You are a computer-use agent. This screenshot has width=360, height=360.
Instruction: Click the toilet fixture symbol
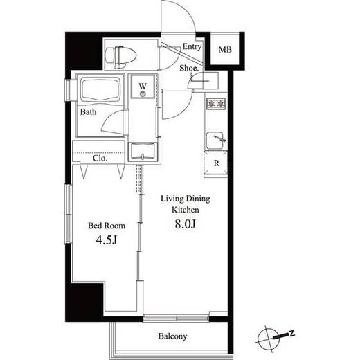(x=120, y=57)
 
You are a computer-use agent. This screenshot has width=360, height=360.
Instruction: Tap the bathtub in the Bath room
(x=100, y=89)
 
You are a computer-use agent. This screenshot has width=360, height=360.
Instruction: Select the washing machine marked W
(x=143, y=87)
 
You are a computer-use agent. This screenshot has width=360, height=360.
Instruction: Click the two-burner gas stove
(x=216, y=104)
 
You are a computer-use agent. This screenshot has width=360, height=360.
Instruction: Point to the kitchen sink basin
(x=215, y=141)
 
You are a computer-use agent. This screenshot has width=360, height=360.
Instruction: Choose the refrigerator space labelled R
(x=216, y=164)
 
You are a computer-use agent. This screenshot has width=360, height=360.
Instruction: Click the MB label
(x=225, y=50)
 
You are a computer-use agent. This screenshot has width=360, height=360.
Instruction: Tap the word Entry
(x=192, y=47)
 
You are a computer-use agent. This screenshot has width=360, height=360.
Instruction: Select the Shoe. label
(x=189, y=68)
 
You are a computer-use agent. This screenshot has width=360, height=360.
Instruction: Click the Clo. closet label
(x=100, y=159)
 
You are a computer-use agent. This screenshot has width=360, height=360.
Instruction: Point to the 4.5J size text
(x=107, y=240)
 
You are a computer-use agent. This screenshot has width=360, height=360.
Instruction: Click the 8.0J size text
(x=186, y=224)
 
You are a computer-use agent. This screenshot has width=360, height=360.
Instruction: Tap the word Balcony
(x=172, y=336)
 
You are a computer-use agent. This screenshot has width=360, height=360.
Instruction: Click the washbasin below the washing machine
(x=143, y=151)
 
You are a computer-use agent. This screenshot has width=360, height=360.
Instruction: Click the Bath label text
(x=88, y=112)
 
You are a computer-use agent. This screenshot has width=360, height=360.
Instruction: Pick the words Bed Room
(x=107, y=226)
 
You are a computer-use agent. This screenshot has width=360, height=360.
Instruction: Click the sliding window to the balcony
(x=176, y=318)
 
